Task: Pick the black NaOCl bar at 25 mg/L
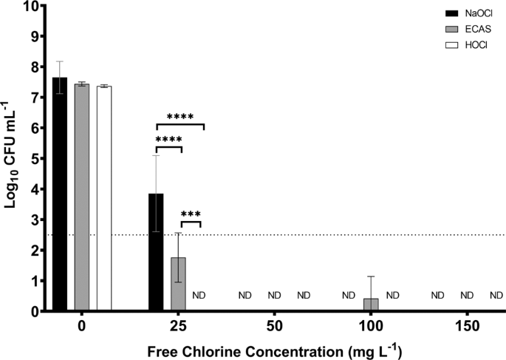click(x=156, y=252)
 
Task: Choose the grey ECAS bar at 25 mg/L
click(x=178, y=285)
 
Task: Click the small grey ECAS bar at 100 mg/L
click(x=370, y=305)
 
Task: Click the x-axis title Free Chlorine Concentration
click(x=274, y=349)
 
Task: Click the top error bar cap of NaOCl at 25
click(x=156, y=155)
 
